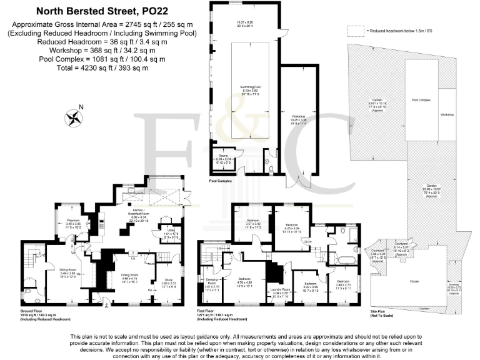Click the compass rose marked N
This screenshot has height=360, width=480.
(x=74, y=117)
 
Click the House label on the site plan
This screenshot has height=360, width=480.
(x=414, y=282)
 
